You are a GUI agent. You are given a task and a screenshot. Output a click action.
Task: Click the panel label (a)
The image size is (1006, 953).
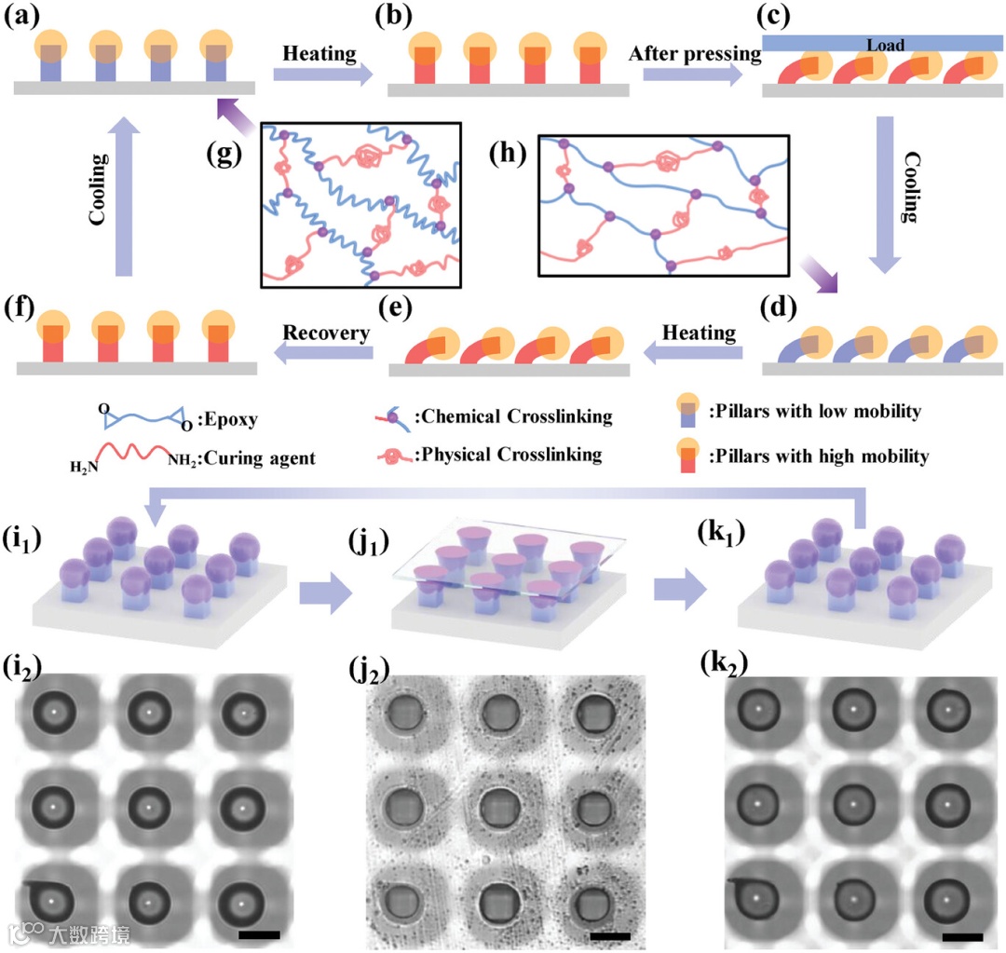coord(26,17)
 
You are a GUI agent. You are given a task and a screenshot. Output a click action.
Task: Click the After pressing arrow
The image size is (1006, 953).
coord(695,75)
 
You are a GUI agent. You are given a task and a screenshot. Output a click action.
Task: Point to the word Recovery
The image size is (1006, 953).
coord(326,332)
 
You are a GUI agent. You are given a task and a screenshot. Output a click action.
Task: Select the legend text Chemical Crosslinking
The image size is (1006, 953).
coord(512,416)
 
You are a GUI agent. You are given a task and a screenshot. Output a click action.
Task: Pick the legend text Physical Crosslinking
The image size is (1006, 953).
coord(509,455)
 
